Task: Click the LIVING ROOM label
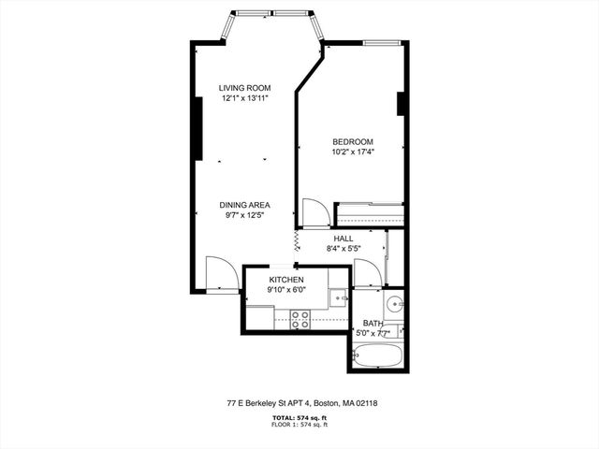[245, 88]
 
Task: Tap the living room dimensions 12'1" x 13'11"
[245, 98]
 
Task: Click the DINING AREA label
[245, 205]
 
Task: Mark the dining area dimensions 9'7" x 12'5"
[245, 215]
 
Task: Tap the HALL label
[343, 239]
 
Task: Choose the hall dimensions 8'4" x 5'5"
[343, 249]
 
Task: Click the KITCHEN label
[286, 280]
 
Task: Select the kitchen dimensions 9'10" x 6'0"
[286, 290]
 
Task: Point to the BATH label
[373, 323]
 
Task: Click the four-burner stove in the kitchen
[300, 319]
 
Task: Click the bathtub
[377, 355]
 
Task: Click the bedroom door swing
[316, 212]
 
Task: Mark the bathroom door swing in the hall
[367, 273]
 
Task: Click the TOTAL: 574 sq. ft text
[301, 417]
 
